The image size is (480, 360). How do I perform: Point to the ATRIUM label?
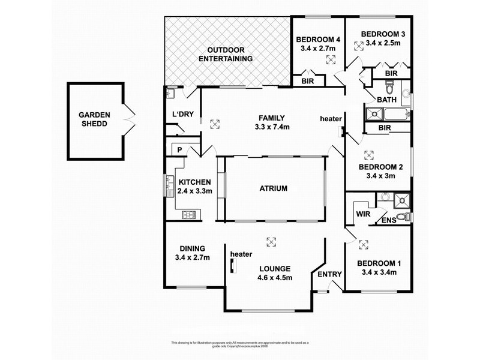[273, 188]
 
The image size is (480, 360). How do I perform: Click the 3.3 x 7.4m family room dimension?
[271, 127]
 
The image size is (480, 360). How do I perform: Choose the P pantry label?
[179, 150]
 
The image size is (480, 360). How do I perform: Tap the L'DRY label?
[181, 115]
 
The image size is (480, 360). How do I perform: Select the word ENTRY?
[329, 274]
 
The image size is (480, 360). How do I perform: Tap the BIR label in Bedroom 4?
[308, 80]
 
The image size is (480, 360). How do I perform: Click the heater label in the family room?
[331, 118]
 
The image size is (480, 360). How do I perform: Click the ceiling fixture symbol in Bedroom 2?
[368, 154]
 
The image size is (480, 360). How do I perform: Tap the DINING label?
[193, 248]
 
